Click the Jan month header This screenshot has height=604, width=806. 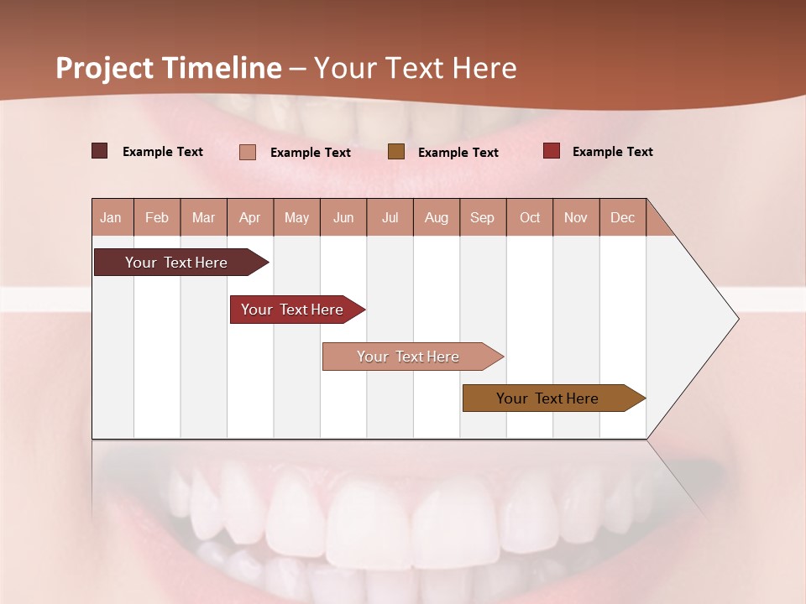pyautogui.click(x=111, y=217)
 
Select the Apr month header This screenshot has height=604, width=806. pyautogui.click(x=249, y=217)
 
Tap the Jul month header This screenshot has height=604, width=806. pyautogui.click(x=390, y=217)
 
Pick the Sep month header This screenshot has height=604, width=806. pyautogui.click(x=482, y=217)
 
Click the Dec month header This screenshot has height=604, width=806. pyautogui.click(x=622, y=217)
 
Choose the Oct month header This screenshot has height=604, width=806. pyautogui.click(x=529, y=217)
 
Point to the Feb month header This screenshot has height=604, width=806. pyautogui.click(x=157, y=217)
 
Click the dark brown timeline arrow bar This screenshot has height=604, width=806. pyautogui.click(x=176, y=263)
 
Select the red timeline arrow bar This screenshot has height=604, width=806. pyautogui.click(x=292, y=310)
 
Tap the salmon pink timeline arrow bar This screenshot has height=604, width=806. pyautogui.click(x=408, y=357)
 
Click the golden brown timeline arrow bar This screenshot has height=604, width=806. pyautogui.click(x=547, y=398)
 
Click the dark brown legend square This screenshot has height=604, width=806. pyautogui.click(x=99, y=151)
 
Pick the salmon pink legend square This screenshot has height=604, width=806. pyautogui.click(x=248, y=152)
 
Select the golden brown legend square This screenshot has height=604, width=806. pyautogui.click(x=396, y=151)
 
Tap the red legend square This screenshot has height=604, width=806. pyautogui.click(x=551, y=151)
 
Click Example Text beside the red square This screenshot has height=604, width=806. pyautogui.click(x=612, y=151)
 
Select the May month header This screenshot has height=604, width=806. pyautogui.click(x=296, y=217)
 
